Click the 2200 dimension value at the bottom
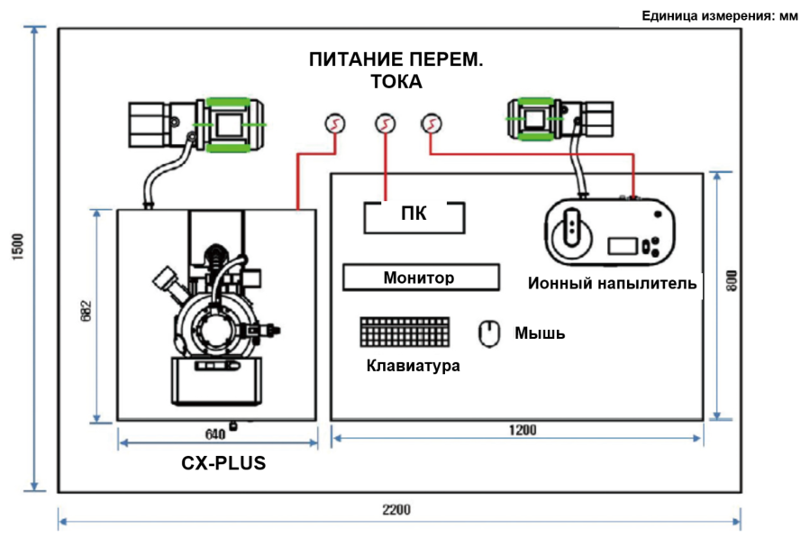pos(396,509)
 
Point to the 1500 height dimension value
pos(17,247)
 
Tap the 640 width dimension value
pos(215,434)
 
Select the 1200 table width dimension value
pos(523,430)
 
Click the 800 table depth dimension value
pos(732,280)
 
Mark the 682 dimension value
pos(86,311)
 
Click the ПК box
pos(414,217)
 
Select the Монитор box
pos(421,278)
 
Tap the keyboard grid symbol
pos(405,332)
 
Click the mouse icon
pos(488,333)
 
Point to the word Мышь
pos(540,333)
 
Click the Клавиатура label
pos(413,365)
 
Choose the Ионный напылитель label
pos(612,283)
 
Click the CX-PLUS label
pos(223,463)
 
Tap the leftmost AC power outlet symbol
pos(335,124)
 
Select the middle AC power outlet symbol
pos(385,124)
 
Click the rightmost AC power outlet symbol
pos(432,124)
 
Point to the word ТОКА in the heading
pos(396,82)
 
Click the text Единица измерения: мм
pos(720,16)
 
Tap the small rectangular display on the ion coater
pos(622,245)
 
